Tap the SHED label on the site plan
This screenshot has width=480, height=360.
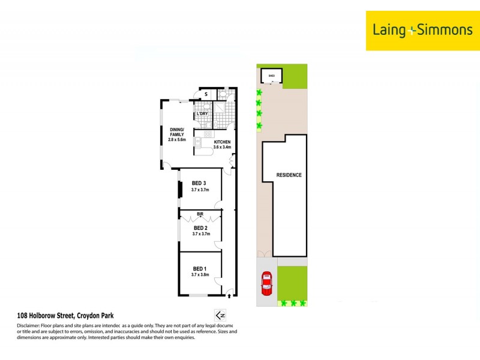click(271, 76)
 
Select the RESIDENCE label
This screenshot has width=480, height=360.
click(289, 175)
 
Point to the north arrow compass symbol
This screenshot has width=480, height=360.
click(220, 315)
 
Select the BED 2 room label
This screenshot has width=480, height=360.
click(200, 228)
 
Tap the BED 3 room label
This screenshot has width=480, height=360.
click(199, 183)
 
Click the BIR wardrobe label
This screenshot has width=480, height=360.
click(200, 213)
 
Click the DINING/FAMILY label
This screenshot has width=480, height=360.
click(178, 133)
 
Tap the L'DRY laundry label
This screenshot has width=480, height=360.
click(202, 114)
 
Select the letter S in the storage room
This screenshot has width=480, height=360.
click(206, 94)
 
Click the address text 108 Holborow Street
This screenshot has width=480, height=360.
click(64, 316)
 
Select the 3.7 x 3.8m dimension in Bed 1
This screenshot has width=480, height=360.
click(200, 275)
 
